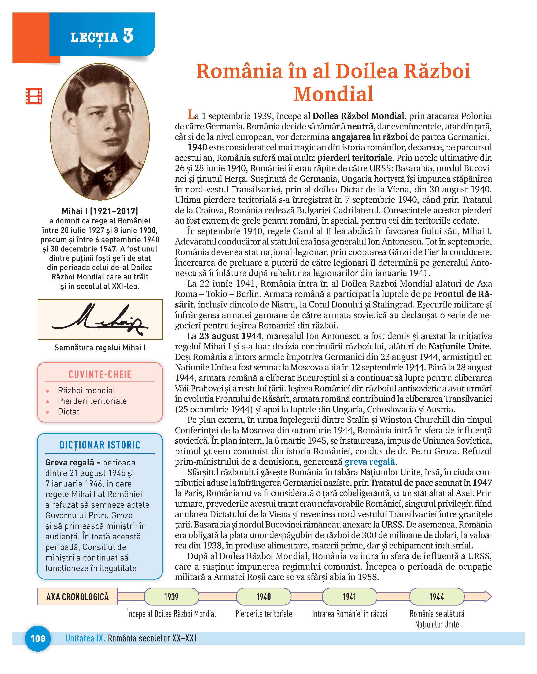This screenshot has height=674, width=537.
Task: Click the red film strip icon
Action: pos(34,96)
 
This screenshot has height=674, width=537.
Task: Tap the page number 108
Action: pos(38,638)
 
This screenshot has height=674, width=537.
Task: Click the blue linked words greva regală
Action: pos(370,462)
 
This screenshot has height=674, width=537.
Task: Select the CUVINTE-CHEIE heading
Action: pos(100,374)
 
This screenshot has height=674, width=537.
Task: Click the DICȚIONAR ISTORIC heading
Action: pos(100,445)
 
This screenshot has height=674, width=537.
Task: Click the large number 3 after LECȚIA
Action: pos(128,36)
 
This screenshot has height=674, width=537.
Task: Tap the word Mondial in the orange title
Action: pos(333,94)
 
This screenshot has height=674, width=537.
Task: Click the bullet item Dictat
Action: pos(69,412)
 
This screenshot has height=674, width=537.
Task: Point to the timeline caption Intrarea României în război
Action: pos(349,614)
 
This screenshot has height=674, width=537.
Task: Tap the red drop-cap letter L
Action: pos(191,115)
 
